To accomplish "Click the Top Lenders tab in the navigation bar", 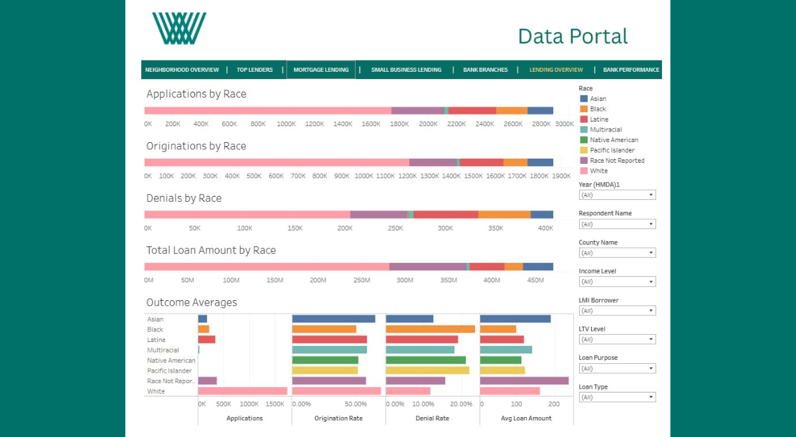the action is point(255,70).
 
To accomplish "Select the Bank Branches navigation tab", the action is point(485,70).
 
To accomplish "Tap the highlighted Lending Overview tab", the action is point(556,70).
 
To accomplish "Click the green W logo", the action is point(179,29).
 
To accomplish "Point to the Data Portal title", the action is point(573,37).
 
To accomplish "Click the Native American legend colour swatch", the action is point(584,140).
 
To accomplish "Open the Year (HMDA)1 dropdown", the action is point(617,195).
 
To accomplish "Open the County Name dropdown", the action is point(617,252).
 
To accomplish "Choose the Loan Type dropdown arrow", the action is point(651,397).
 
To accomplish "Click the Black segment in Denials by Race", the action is point(504,215).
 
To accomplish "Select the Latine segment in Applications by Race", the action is point(472,111).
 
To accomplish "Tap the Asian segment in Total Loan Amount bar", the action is point(538,266).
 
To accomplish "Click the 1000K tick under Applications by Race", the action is point(286,124).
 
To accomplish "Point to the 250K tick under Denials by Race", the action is point(395,228).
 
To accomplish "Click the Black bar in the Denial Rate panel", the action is point(431,329).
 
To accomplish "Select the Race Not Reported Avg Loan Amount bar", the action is point(524,381).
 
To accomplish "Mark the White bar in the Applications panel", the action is point(242,391).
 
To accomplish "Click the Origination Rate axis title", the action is point(338,418).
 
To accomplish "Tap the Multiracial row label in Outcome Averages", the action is point(163,350).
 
